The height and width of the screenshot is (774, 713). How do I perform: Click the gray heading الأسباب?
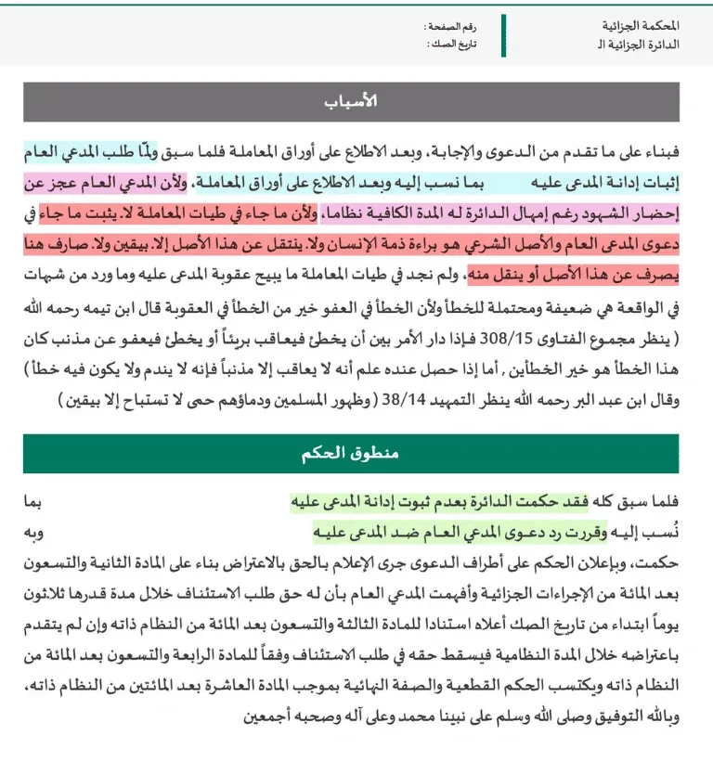[x=356, y=102]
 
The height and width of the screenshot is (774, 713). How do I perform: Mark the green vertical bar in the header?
[x=503, y=34]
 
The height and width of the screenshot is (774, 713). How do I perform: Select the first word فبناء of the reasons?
[x=668, y=149]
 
